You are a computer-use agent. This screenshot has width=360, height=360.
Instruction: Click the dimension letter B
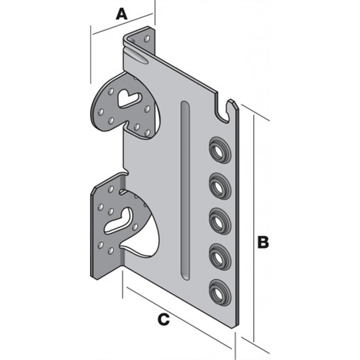point(263,242)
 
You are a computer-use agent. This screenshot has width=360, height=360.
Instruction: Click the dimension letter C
point(163,319)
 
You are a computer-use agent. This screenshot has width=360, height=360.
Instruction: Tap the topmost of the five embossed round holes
point(220,151)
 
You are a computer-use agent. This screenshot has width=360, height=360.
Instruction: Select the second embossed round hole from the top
point(220,186)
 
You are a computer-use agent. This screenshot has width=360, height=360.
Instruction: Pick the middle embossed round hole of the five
point(220,221)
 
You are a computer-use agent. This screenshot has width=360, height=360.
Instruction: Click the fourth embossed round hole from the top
point(220,257)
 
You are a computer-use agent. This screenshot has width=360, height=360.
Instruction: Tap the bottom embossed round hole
point(220,292)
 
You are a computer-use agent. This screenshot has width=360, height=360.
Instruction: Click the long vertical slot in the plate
point(185,190)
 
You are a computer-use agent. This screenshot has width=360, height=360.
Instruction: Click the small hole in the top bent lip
point(147,38)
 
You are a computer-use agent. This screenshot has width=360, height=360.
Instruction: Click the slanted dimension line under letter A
point(123,24)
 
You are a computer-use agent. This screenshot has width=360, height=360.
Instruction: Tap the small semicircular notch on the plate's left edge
point(125,170)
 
